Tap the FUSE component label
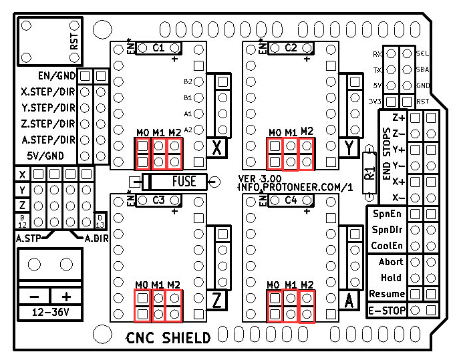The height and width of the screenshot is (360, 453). point(184,181)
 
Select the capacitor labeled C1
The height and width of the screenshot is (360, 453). point(158,47)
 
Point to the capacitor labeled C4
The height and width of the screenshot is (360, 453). point(291,200)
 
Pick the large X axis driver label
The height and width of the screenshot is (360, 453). point(216,148)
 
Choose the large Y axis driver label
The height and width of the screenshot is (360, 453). point(349,148)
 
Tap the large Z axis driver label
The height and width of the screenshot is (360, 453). point(216,301)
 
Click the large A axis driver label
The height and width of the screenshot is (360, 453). point(349,301)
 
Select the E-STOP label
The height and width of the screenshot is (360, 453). point(388,310)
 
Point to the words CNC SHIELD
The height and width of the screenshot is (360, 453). point(168,338)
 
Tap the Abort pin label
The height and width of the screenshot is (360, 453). point(391,262)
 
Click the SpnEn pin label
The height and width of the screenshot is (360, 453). point(388,214)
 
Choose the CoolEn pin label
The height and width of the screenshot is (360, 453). point(388,246)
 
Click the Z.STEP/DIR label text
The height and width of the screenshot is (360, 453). point(47,124)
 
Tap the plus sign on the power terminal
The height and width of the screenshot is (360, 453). point(66,296)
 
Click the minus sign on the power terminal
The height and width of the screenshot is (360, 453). point(34,296)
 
